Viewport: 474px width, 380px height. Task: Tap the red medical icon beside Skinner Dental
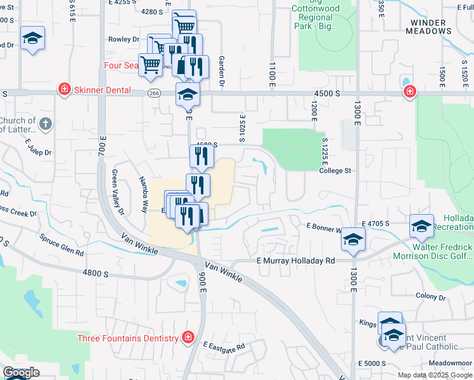(x=64, y=89)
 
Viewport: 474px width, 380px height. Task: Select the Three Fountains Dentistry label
(x=128, y=338)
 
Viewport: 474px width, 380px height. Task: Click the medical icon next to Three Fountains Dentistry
(x=188, y=337)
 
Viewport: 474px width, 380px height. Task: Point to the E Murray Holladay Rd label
(x=295, y=260)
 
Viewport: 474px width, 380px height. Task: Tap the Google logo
(x=21, y=373)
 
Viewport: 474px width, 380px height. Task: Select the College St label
(x=335, y=171)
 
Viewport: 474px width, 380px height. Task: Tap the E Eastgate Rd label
(x=224, y=346)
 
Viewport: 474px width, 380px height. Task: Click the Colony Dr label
(x=431, y=296)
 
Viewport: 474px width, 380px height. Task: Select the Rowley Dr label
(x=124, y=39)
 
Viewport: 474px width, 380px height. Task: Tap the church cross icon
(x=45, y=125)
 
